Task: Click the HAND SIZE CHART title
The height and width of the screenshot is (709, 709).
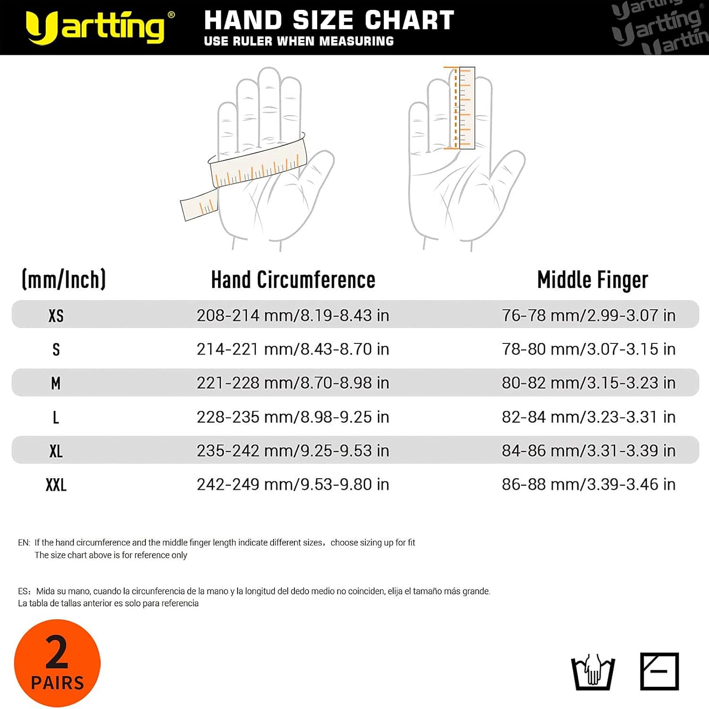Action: click(329, 20)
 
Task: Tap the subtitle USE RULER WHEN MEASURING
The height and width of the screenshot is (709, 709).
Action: click(299, 42)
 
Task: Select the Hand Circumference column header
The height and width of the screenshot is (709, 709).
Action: click(293, 280)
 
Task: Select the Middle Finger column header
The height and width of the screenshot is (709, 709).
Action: click(592, 280)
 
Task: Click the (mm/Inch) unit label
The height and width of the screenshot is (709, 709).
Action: click(64, 280)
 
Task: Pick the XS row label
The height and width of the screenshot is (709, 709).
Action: click(56, 315)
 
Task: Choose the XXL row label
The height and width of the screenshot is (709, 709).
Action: click(56, 485)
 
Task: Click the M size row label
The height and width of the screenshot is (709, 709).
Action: click(56, 383)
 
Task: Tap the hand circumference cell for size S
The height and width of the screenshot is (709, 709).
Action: click(293, 349)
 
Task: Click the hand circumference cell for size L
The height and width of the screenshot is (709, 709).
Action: click(293, 417)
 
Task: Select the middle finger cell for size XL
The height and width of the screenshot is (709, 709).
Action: click(588, 451)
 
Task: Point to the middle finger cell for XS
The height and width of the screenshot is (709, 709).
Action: click(588, 315)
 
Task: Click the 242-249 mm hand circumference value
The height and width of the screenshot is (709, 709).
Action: click(293, 485)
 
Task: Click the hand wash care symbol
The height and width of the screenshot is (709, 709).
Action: click(593, 672)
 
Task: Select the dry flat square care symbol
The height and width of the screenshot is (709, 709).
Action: click(659, 672)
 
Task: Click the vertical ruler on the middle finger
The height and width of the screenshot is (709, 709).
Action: click(467, 108)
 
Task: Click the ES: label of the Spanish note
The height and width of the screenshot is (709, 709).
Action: click(25, 591)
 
